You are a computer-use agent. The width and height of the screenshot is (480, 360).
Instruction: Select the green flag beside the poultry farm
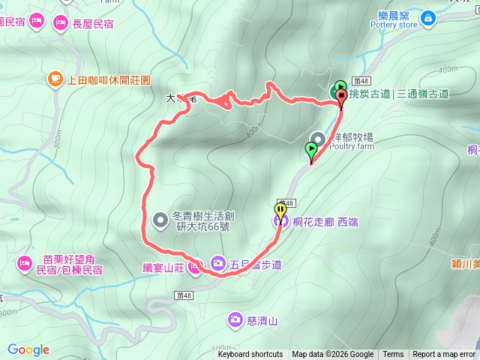point(311,151)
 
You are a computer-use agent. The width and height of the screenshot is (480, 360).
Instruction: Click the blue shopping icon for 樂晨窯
point(427,16)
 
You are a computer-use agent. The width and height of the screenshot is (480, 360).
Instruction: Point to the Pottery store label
point(396,25)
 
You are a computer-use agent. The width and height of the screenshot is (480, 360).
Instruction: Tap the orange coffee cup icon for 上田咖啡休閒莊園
point(54,78)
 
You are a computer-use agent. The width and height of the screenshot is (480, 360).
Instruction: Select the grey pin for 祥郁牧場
point(318,139)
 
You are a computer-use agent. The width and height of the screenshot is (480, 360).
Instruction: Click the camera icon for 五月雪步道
point(217,262)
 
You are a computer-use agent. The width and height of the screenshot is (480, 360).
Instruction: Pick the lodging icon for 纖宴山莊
point(195,267)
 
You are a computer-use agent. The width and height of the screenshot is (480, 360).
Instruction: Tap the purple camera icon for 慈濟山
point(235,321)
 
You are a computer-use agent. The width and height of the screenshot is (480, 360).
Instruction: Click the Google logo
point(28,349)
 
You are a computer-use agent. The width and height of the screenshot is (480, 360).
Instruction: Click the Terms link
point(393,355)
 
